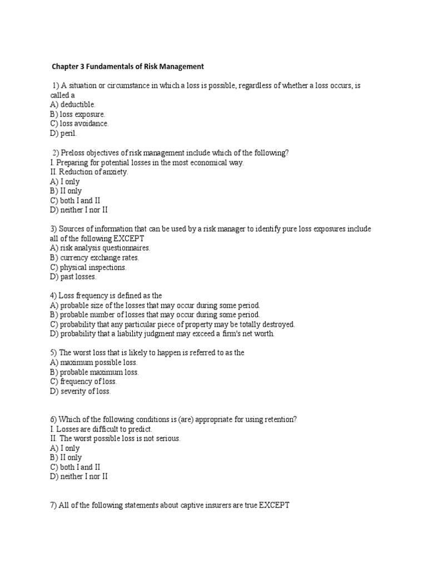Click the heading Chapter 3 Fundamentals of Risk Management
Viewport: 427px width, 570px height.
(x=128, y=67)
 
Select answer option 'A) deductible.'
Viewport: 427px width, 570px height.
(x=72, y=105)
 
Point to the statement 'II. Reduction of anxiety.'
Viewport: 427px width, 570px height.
(x=89, y=172)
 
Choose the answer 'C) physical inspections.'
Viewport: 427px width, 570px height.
(x=88, y=267)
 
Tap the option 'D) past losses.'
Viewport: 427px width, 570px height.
(x=73, y=277)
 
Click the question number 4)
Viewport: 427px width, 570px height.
(x=54, y=296)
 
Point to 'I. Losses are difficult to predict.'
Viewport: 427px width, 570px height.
(x=101, y=429)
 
